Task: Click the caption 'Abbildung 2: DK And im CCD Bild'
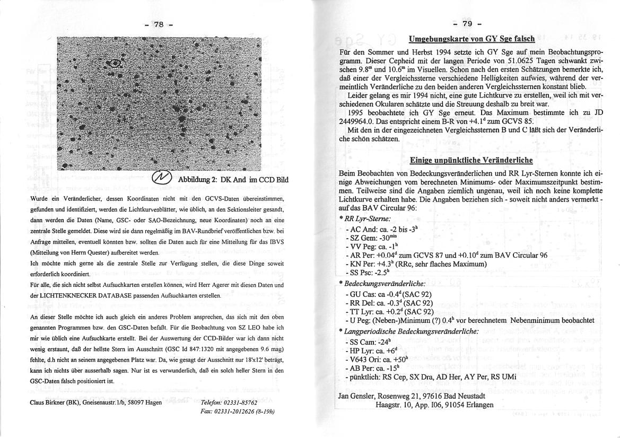click(x=233, y=180)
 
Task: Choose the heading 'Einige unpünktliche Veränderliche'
click(x=471, y=160)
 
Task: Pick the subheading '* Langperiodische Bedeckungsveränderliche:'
click(x=408, y=331)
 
